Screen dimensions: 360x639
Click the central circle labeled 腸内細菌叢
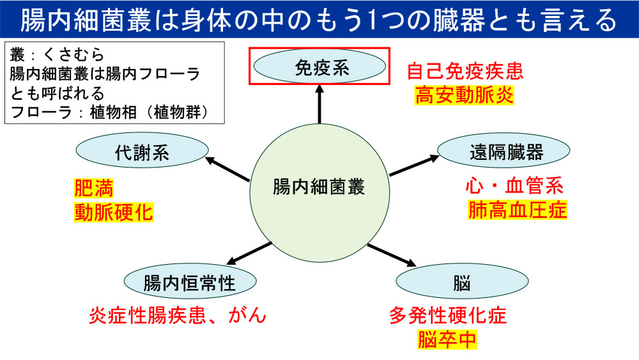pos(318,187)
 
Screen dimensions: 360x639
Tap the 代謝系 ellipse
pos(142,152)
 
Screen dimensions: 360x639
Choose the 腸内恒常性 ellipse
pos(190,282)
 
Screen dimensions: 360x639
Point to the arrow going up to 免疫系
pos(318,105)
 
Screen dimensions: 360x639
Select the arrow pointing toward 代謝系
pos(228,169)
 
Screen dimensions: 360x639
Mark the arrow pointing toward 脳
pos(391,254)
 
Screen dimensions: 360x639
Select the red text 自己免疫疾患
pos(464,71)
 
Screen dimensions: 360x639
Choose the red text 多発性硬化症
pos(447,315)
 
